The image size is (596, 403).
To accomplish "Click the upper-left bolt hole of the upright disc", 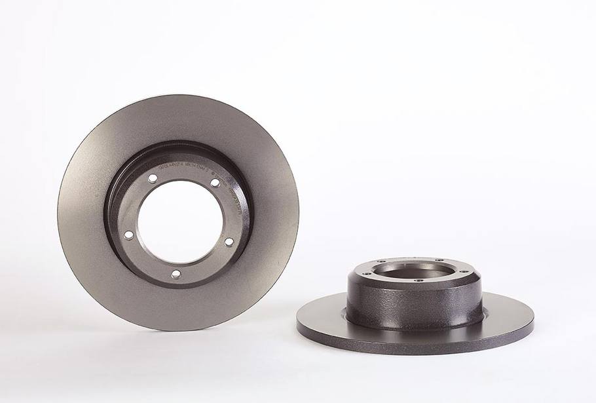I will pos(152,178).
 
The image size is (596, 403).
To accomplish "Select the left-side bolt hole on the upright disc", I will pos(128,235).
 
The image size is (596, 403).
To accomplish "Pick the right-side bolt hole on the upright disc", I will pos(228,242).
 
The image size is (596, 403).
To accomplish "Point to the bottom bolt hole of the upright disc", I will pos(175,274).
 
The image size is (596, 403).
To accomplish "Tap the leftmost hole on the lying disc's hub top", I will pos(362,270).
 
